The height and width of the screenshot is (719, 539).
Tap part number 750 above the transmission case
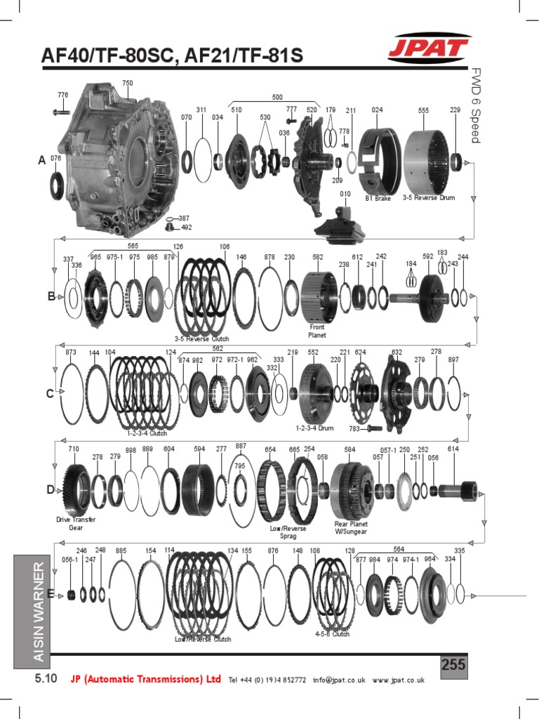[127, 83]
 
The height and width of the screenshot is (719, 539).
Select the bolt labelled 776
[61, 111]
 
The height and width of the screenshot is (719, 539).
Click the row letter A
[42, 161]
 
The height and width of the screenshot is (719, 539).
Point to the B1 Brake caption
[378, 198]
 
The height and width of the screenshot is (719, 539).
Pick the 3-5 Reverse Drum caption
[428, 198]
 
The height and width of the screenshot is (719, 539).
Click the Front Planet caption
[317, 331]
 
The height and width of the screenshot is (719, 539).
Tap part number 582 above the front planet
[317, 257]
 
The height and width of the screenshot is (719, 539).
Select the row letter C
[50, 394]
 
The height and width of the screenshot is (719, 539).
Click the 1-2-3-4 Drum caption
[314, 428]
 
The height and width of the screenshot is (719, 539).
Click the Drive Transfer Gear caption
[76, 523]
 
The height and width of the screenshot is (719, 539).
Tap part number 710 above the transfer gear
[74, 448]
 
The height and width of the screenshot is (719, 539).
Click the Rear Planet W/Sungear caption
[351, 527]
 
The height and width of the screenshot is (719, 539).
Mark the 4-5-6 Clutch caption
[332, 633]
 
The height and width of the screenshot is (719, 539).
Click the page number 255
[453, 665]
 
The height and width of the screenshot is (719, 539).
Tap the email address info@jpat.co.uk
[340, 680]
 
